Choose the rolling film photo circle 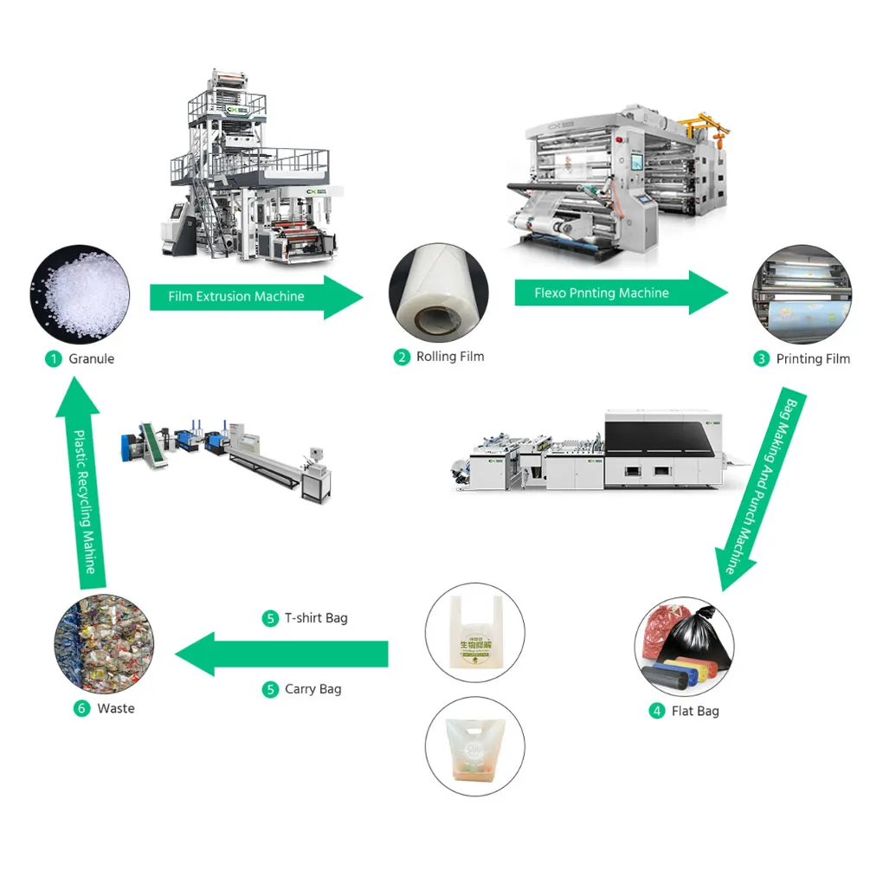pos(438,293)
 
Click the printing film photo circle pos(802,294)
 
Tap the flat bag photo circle pos(684,645)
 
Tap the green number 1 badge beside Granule pos(54,358)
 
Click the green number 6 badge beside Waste pos(81,708)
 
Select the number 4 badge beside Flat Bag pos(657,711)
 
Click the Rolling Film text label pos(450,357)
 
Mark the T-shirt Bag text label pos(316,618)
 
